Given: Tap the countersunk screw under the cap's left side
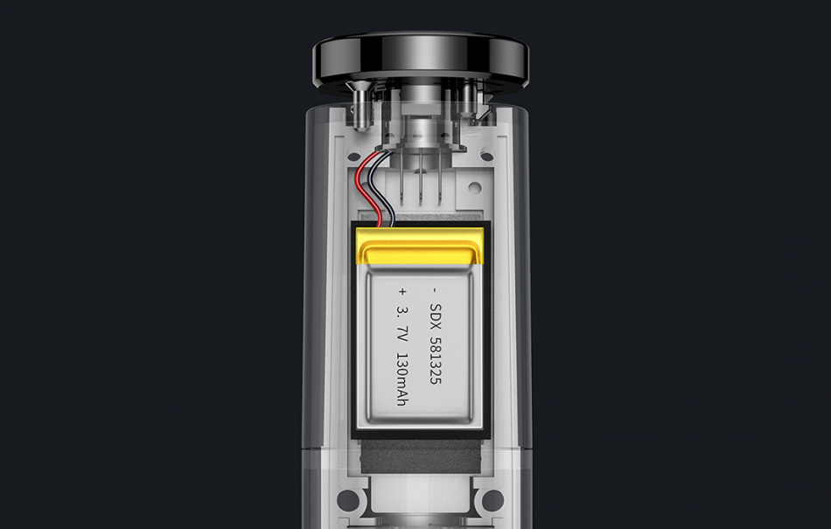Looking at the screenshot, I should [x=360, y=106].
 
